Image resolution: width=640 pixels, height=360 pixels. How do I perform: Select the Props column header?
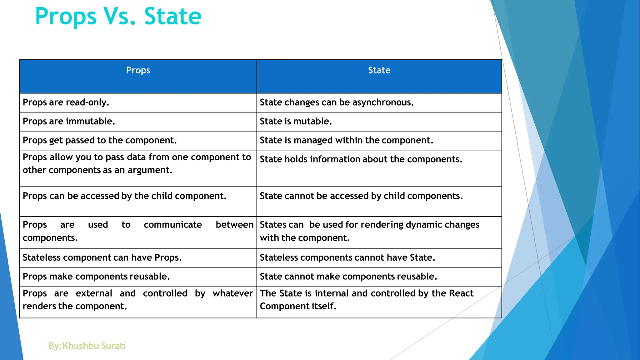(138, 70)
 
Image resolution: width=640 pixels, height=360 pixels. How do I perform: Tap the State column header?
(379, 70)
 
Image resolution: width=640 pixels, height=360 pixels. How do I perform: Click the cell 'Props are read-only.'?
(66, 102)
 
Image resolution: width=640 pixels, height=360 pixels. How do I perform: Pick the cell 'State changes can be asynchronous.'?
(337, 102)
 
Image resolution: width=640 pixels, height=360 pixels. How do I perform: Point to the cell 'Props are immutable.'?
(69, 121)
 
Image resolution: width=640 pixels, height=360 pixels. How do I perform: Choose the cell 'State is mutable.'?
(296, 121)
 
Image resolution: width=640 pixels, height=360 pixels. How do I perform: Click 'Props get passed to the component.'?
(100, 140)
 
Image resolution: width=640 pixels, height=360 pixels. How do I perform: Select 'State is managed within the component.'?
(346, 140)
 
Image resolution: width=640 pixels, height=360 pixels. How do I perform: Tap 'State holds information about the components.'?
(361, 159)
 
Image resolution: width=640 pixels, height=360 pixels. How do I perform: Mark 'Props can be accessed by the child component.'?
(124, 196)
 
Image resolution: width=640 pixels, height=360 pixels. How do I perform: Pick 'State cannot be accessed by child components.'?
(361, 196)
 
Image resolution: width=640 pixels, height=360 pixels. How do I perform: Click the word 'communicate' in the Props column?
(173, 225)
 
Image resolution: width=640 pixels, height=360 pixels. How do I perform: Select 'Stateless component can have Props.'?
(102, 257)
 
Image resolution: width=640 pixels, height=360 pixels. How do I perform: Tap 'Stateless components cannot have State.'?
(347, 257)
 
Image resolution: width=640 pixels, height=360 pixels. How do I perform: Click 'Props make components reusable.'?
(96, 277)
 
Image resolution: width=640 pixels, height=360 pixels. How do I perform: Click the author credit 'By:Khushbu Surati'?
(87, 346)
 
